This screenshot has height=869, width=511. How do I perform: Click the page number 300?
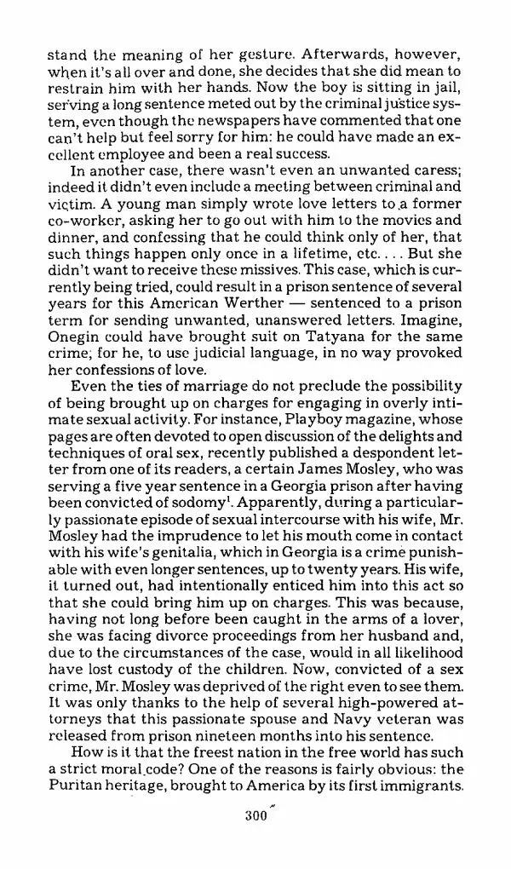pos(255,837)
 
